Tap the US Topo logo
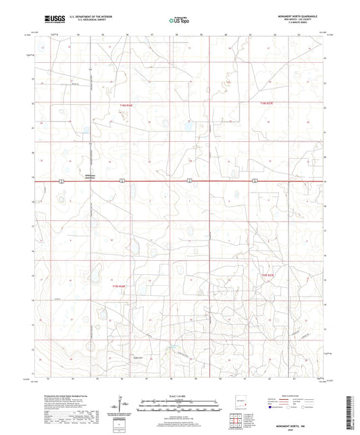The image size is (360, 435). click(x=180, y=21)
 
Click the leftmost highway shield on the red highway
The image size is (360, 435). click(x=61, y=180)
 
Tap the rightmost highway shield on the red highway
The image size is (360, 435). click(x=255, y=180)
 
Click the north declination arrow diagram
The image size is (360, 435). click(x=120, y=404)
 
